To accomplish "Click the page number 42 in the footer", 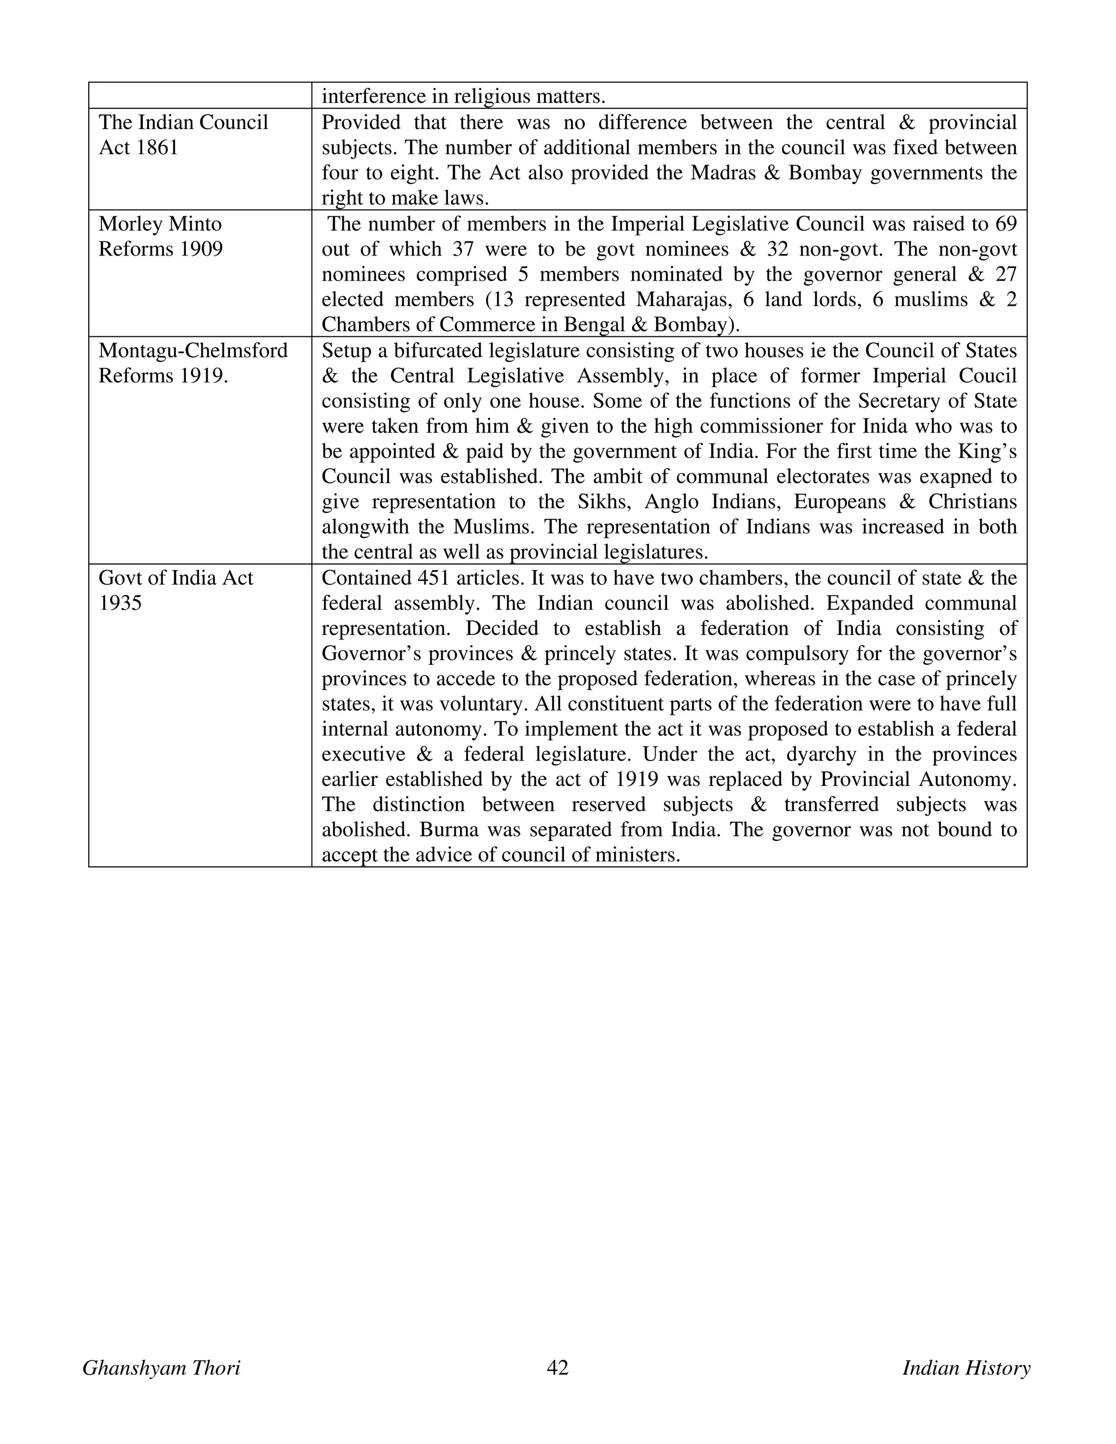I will (x=557, y=1367).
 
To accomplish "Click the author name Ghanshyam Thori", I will (x=161, y=1367).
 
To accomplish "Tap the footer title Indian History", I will (x=966, y=1367).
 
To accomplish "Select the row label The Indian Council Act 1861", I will (x=183, y=135).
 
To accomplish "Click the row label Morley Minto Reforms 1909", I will (x=161, y=236).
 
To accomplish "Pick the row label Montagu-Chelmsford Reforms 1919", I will (x=193, y=362).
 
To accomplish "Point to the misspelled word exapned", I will (x=935, y=477).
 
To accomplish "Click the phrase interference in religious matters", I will (x=464, y=97).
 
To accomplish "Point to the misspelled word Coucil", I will (x=988, y=375).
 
